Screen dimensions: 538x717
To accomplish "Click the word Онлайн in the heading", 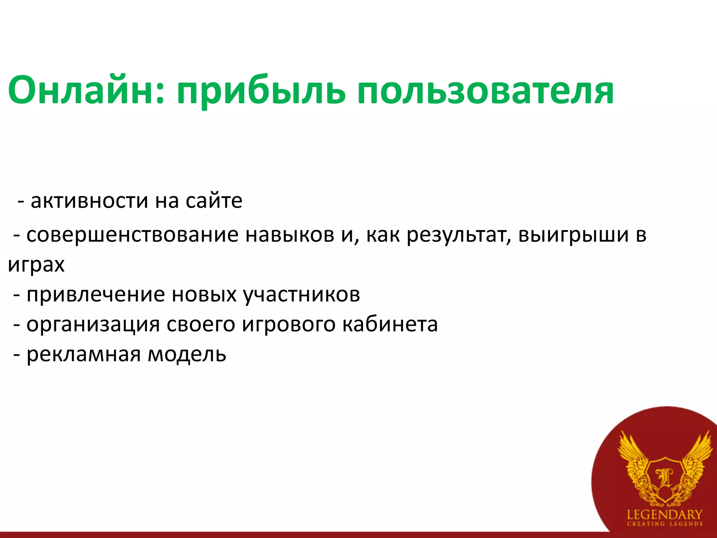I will [86, 90].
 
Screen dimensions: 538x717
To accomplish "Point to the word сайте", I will [214, 201].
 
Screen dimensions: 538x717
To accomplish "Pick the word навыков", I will [290, 235].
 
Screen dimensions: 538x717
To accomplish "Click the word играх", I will [36, 265].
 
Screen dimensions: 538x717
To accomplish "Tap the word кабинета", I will [390, 324].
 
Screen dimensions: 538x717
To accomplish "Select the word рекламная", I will [84, 354].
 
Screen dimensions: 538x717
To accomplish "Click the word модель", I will [187, 354].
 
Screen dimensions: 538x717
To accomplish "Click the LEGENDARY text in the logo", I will [664, 515].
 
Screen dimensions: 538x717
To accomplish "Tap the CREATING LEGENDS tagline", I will [664, 524].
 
